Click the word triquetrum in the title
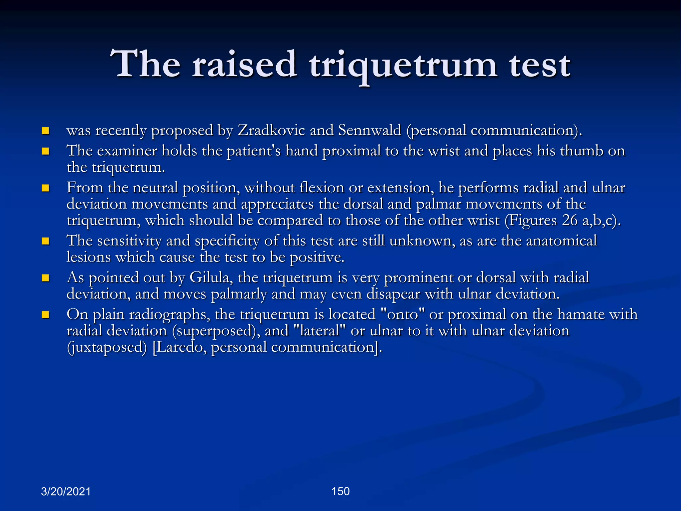coord(403,65)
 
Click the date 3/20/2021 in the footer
coord(66,491)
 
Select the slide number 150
coord(340,491)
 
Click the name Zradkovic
coord(271,130)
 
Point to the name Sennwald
coord(369,130)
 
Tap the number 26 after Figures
coord(570,221)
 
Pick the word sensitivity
coord(129,241)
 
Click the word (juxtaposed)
coord(107,347)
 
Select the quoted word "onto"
coord(403,314)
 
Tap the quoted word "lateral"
coord(320,331)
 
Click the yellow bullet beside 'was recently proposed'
coord(46,130)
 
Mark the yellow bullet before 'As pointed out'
coord(46,278)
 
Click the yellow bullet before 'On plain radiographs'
coord(46,314)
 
